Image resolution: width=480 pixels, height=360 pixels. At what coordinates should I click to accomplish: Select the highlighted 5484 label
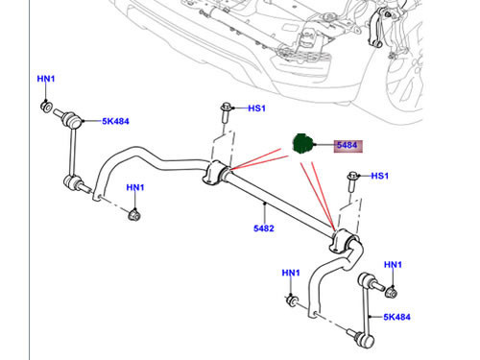click(x=347, y=146)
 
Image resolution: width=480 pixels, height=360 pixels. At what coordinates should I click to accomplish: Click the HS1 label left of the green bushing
click(x=256, y=108)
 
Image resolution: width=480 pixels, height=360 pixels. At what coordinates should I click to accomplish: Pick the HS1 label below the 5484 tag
click(x=379, y=176)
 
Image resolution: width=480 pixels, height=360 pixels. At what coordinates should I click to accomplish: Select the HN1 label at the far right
click(x=393, y=263)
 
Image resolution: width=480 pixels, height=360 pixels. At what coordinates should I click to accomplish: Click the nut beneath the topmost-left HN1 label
click(x=46, y=104)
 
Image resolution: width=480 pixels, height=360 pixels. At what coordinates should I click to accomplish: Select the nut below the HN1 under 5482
click(x=292, y=301)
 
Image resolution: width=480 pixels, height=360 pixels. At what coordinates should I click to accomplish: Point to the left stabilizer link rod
click(x=70, y=152)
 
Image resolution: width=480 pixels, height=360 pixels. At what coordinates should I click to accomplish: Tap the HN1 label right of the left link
click(x=135, y=187)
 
